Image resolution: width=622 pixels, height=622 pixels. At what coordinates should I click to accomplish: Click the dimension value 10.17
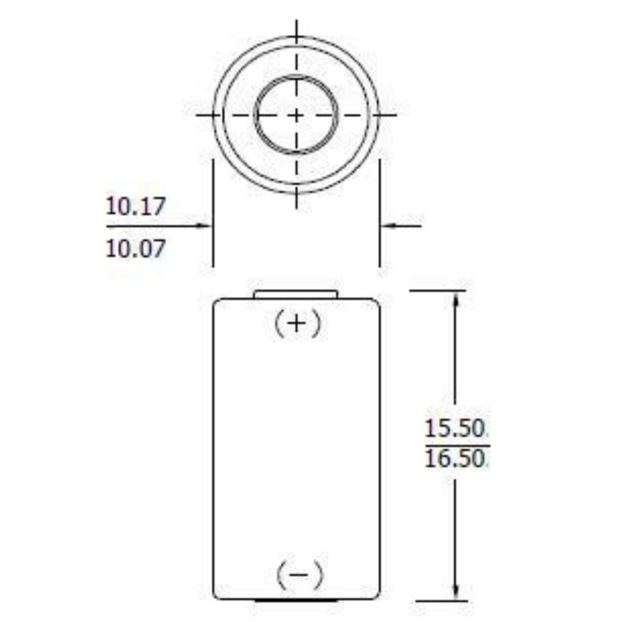(x=135, y=206)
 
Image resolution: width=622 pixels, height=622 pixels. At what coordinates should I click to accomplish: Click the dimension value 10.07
(x=135, y=248)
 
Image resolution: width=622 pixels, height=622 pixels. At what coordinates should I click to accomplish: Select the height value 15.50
(x=454, y=428)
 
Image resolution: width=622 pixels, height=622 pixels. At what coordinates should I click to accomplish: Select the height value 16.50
(x=454, y=459)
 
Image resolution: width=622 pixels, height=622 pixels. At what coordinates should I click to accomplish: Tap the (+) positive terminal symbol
(x=297, y=324)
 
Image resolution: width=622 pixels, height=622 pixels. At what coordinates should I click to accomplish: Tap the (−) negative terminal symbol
(x=299, y=575)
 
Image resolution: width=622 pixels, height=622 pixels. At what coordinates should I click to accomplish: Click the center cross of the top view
(x=297, y=115)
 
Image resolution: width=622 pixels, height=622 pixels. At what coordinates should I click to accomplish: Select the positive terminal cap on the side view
(x=296, y=294)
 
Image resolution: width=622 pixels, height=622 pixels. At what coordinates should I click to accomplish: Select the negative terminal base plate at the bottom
(x=296, y=601)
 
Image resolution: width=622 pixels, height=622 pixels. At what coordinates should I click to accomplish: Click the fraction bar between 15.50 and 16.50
(x=457, y=446)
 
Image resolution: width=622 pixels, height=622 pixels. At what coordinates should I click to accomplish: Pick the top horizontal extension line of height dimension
(x=437, y=290)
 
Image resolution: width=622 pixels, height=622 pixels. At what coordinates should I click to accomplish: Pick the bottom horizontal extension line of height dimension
(x=441, y=601)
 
